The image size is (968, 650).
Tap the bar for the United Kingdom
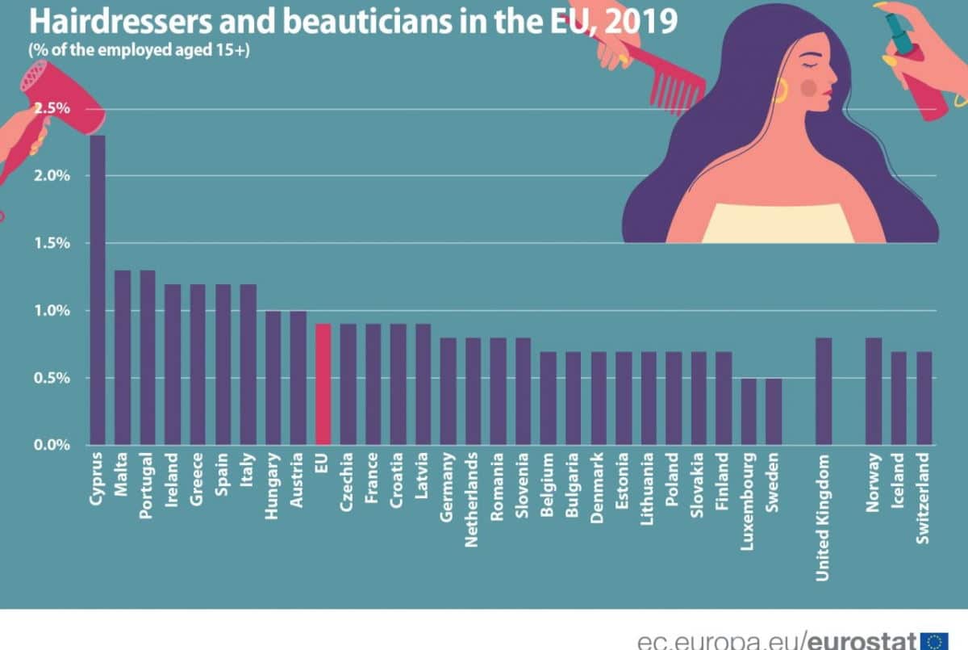point(824,391)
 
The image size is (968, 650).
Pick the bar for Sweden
point(774,411)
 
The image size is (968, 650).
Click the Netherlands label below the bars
point(473,500)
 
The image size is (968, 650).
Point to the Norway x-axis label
point(874,482)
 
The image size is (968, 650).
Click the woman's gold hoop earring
point(781,90)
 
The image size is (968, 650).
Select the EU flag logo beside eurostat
point(934,640)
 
